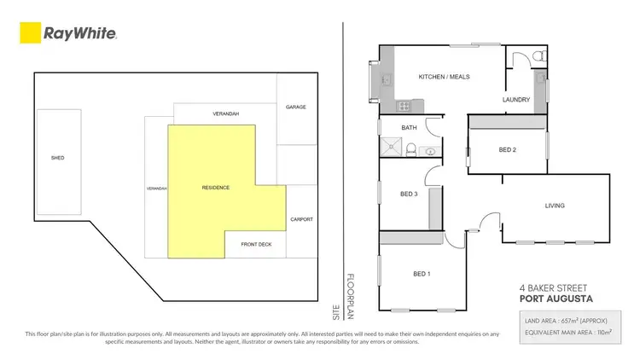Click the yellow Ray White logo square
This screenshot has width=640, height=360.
30,33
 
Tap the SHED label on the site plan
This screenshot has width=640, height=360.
58,158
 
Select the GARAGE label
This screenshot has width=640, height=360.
295,107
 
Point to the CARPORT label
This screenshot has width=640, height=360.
302,219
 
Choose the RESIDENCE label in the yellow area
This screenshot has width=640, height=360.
216,187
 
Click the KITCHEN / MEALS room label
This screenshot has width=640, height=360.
444,77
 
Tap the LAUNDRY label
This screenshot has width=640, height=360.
516,100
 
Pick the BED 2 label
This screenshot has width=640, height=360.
508,150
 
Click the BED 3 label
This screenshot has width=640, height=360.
409,194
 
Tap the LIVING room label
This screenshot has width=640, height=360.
555,206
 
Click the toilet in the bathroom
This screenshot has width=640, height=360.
410,151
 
